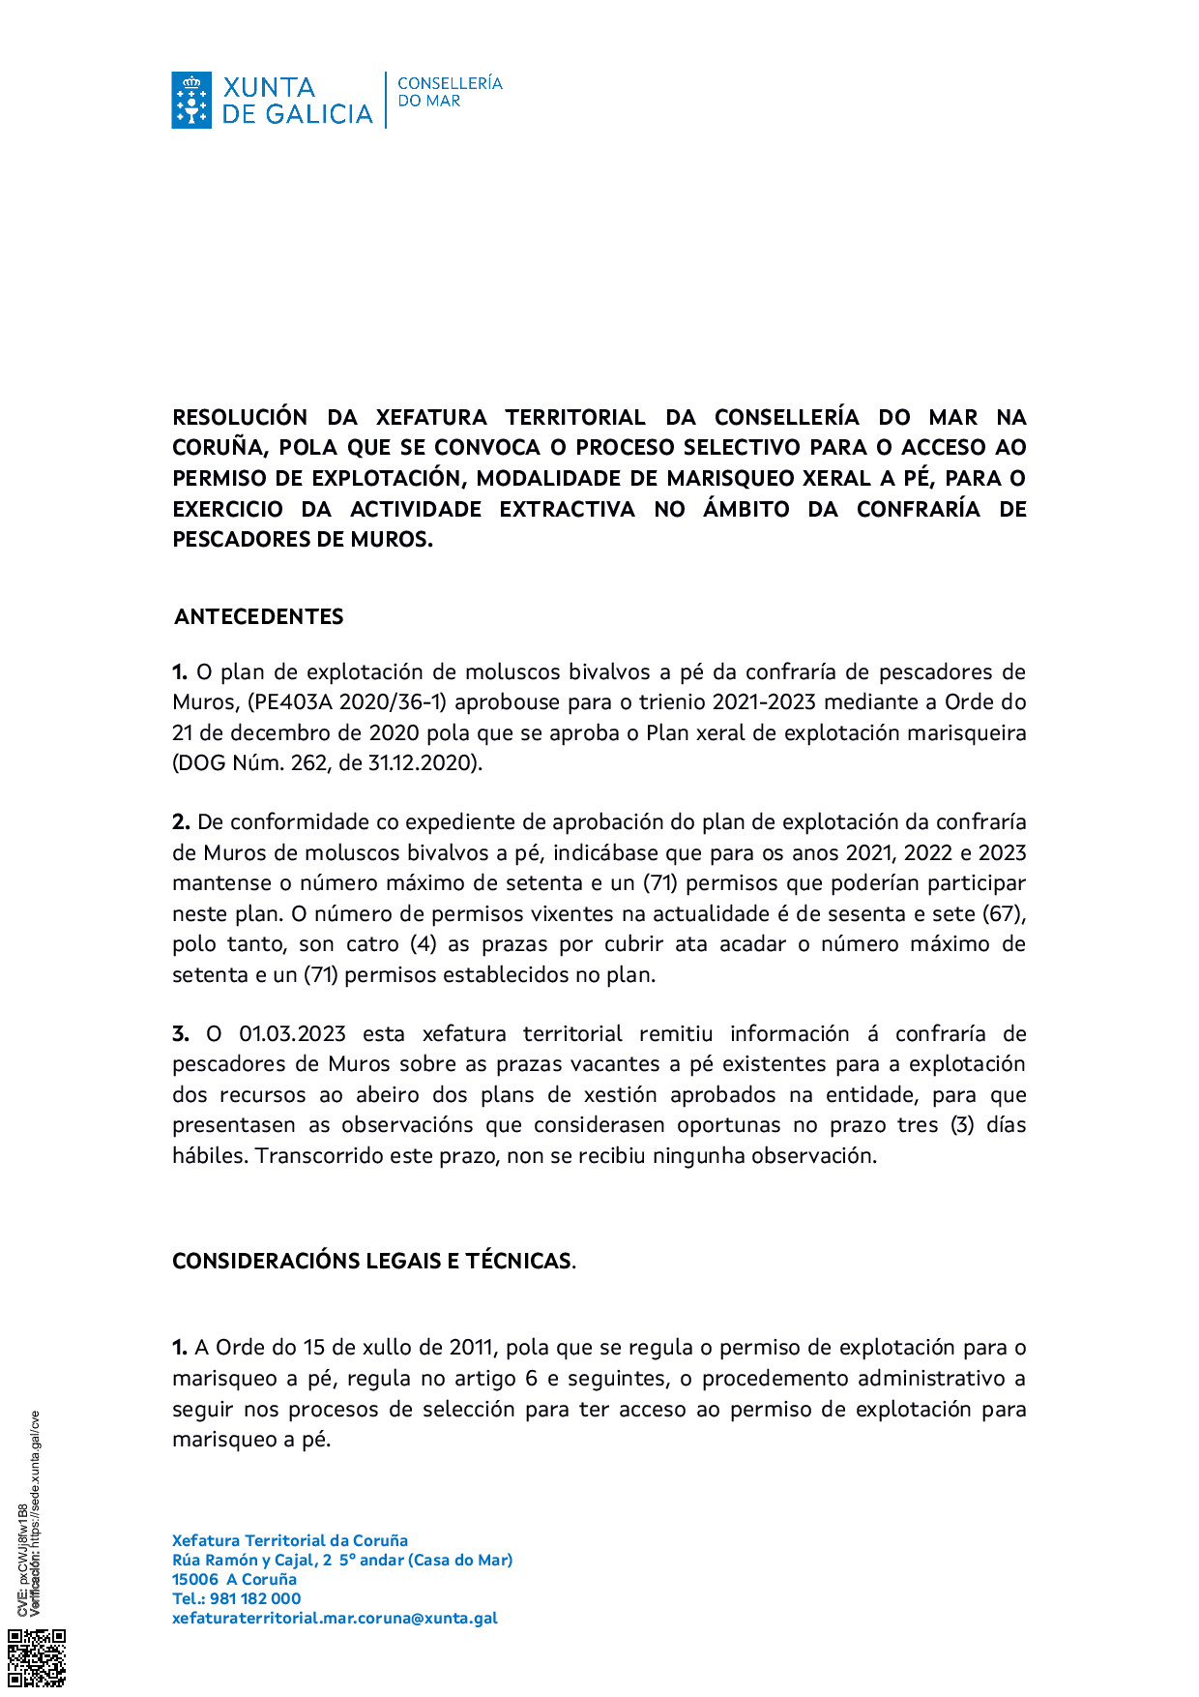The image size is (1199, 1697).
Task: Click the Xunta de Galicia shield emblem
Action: (191, 100)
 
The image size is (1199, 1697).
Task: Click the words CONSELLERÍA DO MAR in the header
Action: (450, 92)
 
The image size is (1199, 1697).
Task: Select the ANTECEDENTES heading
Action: (259, 617)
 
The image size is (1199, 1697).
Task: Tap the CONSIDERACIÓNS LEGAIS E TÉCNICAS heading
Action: (372, 1261)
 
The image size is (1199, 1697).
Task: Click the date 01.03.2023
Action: (292, 1034)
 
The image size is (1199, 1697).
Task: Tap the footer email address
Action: (335, 1618)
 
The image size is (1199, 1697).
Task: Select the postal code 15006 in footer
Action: (194, 1579)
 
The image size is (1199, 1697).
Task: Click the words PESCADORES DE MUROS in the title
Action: (301, 540)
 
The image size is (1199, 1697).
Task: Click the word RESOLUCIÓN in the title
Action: (240, 418)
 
